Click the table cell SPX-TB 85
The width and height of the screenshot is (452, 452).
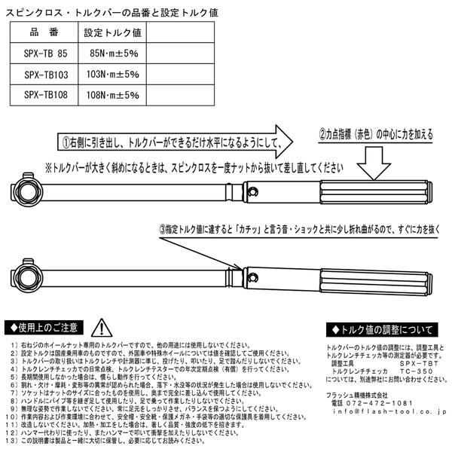45,55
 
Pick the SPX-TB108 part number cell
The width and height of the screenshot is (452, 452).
45,96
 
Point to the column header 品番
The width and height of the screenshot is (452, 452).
45,34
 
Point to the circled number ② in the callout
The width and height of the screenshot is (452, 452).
321,136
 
